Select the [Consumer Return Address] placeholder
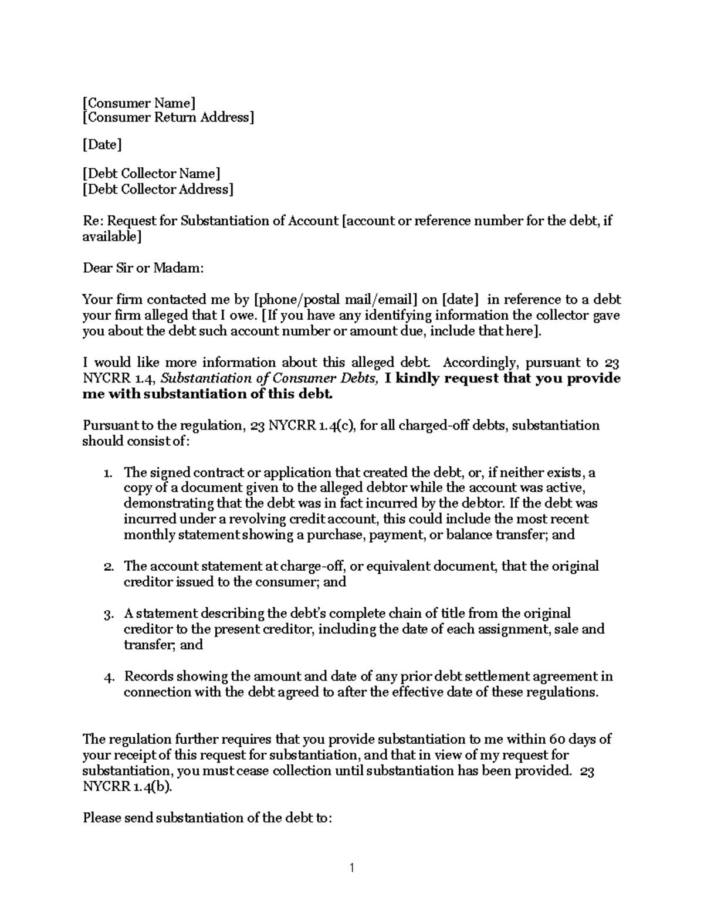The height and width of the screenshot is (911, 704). [x=168, y=118]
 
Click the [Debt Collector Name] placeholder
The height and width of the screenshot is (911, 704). [x=151, y=174]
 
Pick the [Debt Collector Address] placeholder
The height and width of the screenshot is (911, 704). [x=158, y=189]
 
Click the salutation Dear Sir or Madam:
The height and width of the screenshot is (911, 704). [x=143, y=269]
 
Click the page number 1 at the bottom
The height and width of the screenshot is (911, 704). [x=351, y=868]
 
